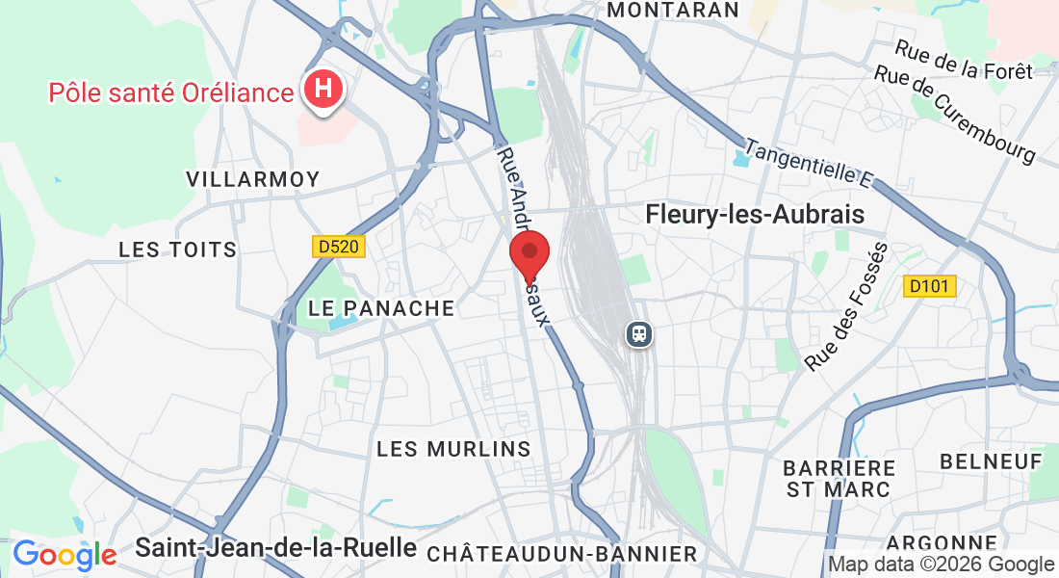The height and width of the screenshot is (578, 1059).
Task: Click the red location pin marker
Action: pos(529,255)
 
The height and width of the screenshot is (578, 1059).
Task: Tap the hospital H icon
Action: pos(323,90)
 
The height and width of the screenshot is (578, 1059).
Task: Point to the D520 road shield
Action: pos(338,248)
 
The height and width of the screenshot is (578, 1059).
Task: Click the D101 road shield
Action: pos(931,286)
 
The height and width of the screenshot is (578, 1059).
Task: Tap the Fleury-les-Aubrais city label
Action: pos(755,214)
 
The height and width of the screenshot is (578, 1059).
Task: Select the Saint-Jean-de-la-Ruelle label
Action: pos(275,548)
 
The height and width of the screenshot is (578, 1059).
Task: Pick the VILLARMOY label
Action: pos(253,179)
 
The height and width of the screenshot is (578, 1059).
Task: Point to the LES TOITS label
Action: pos(177,250)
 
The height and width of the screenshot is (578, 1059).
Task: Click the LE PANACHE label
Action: pos(381,308)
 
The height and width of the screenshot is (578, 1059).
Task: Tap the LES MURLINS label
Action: pos(453,449)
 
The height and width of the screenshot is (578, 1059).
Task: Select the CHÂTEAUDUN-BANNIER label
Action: pos(561,554)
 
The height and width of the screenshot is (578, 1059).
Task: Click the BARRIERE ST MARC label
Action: pos(839,478)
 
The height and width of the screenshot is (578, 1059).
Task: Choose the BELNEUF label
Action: pos(992,461)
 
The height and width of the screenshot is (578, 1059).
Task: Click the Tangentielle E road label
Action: pos(808,163)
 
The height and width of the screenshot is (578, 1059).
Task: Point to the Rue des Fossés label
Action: pos(846,307)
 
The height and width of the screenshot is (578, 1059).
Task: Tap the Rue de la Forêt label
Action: pos(963,59)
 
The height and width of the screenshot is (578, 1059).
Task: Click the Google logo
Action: pos(65,555)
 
